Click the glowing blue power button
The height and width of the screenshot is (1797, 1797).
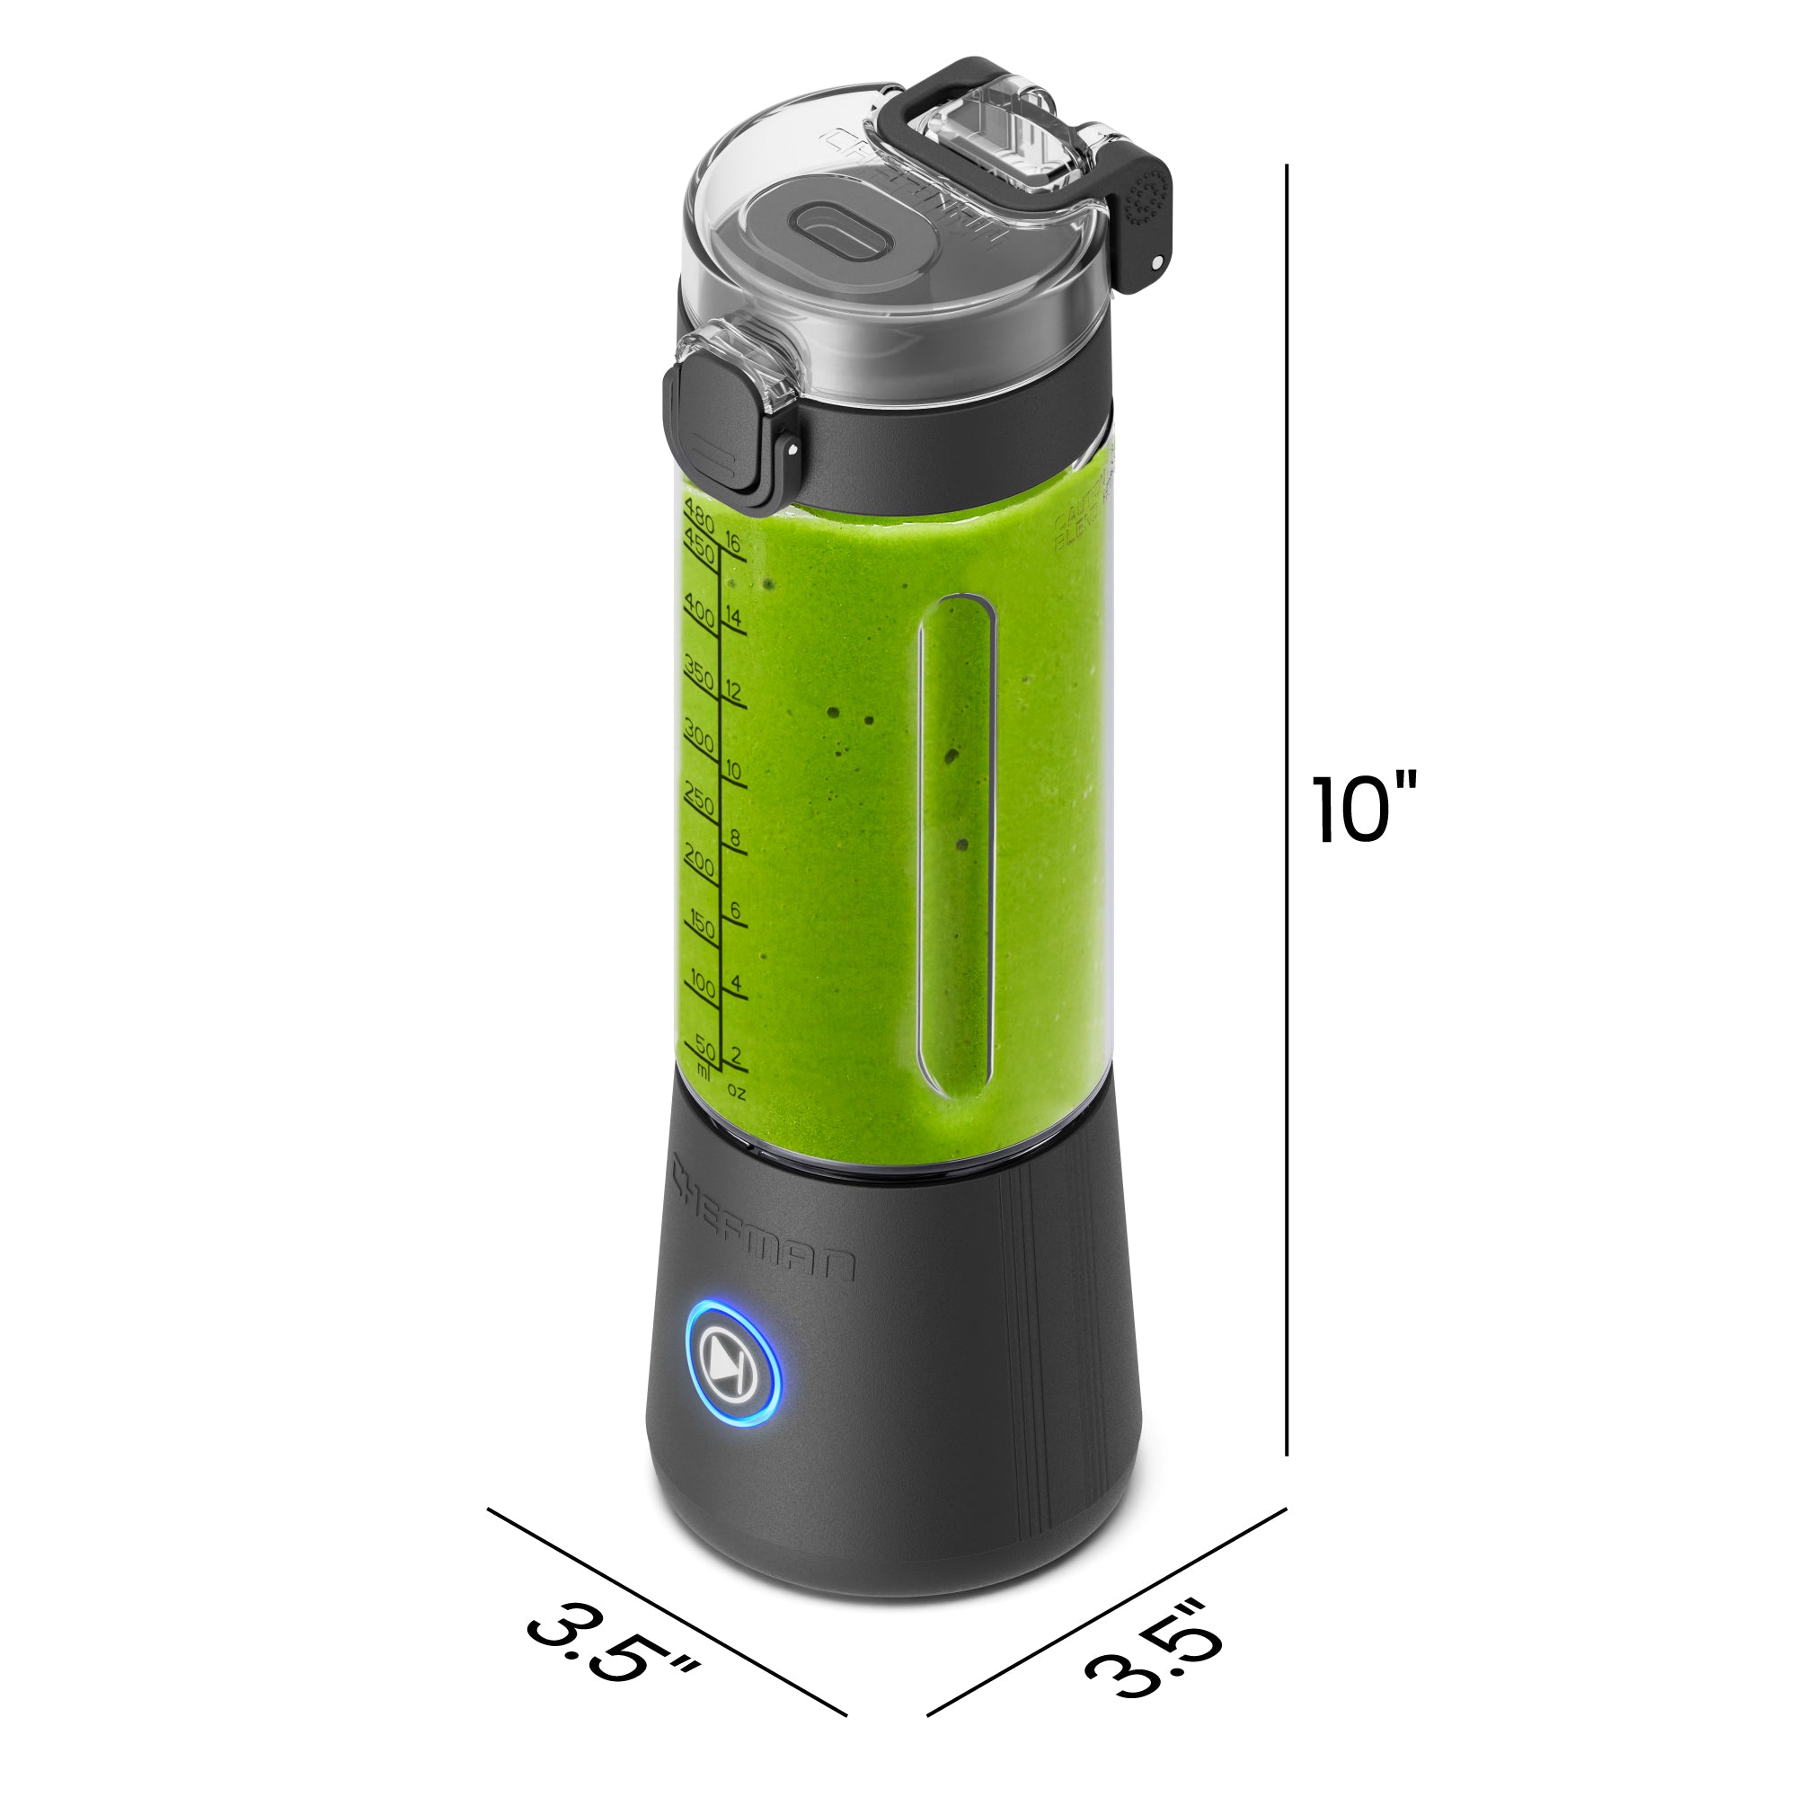click(x=733, y=1377)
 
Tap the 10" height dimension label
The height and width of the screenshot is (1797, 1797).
click(x=1363, y=809)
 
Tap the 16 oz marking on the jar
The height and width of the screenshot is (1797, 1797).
click(x=733, y=544)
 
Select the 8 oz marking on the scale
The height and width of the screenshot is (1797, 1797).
click(x=735, y=837)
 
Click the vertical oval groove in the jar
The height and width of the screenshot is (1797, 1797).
click(x=957, y=842)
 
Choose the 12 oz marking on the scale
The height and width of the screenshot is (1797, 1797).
click(x=733, y=690)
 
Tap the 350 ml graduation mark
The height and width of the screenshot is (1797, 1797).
click(x=698, y=673)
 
